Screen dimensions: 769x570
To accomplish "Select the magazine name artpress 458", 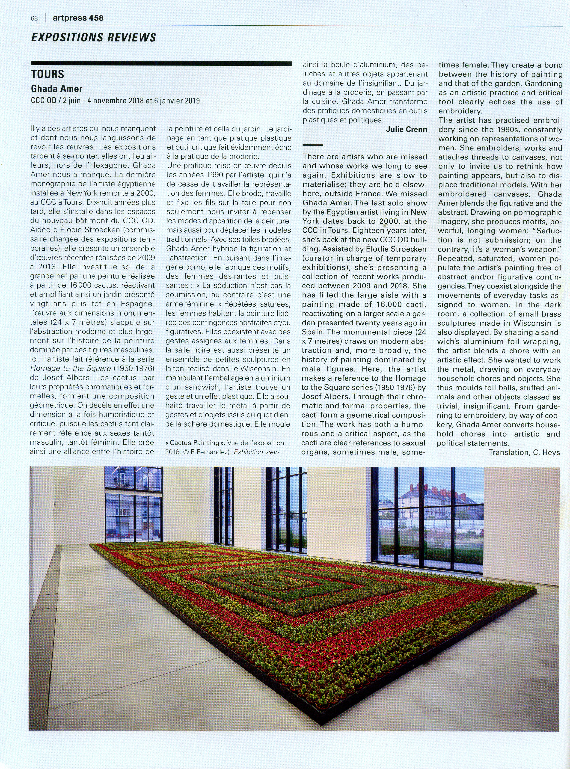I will [x=78, y=18].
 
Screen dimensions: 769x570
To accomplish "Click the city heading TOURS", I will [x=47, y=74].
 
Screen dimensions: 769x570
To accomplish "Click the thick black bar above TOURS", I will [x=161, y=63].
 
